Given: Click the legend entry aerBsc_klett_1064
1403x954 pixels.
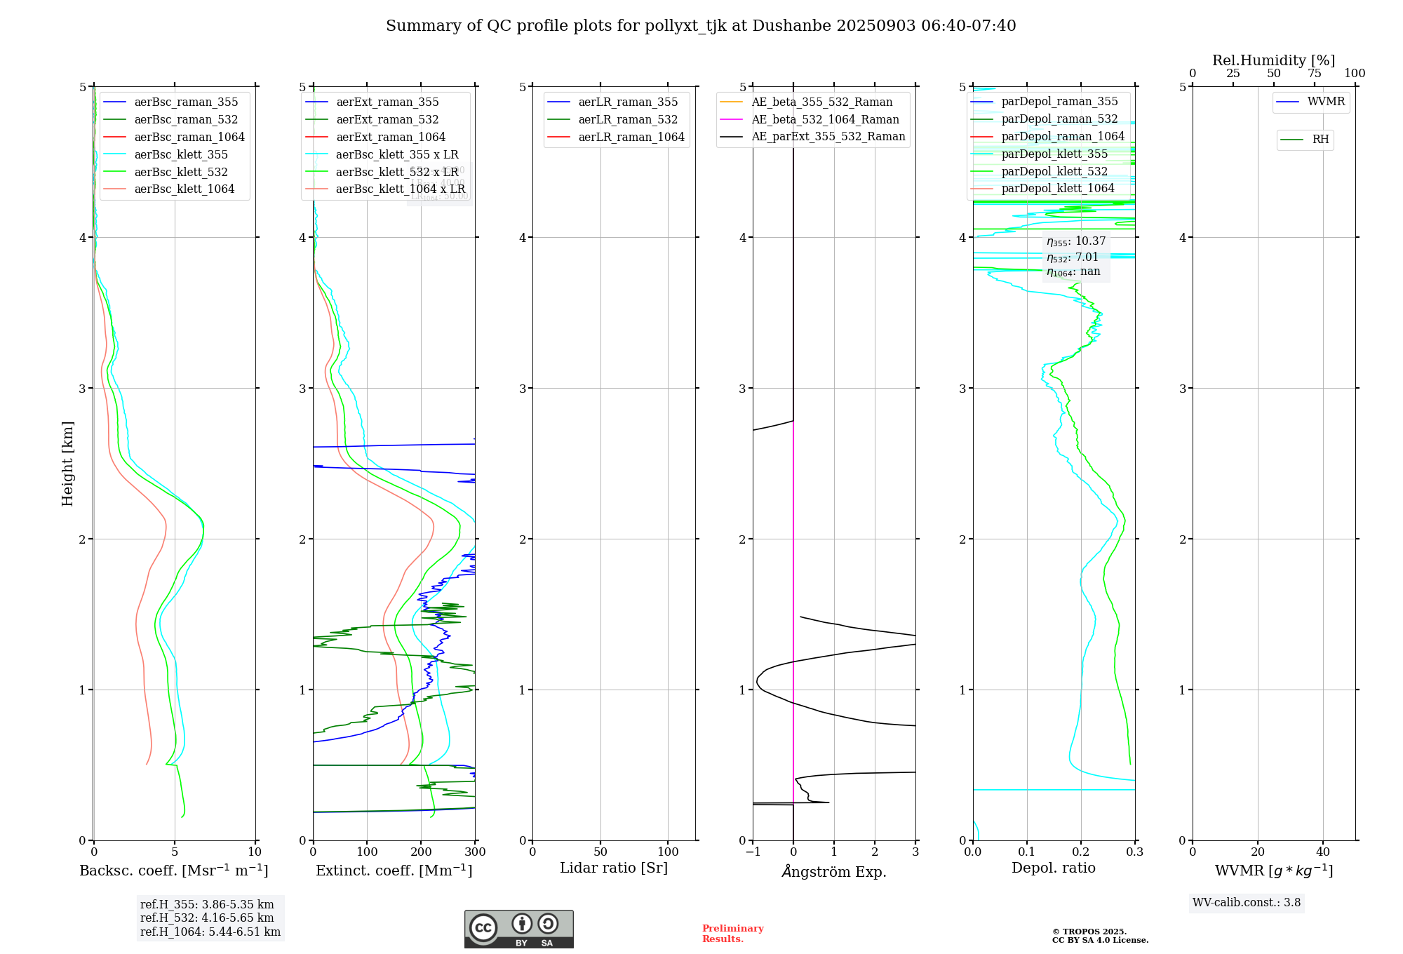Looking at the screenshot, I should [184, 189].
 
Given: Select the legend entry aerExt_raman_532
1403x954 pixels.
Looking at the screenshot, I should [387, 120].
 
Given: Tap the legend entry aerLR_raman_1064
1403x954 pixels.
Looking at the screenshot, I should [631, 137].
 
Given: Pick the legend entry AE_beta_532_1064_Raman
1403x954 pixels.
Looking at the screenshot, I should [825, 120].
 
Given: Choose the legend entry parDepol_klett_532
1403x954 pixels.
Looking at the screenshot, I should [1054, 172].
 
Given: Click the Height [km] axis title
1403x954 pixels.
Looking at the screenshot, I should [67, 464].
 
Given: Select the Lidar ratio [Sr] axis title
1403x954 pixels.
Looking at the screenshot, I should [614, 868].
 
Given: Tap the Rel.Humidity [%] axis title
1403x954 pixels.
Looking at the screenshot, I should [1273, 60].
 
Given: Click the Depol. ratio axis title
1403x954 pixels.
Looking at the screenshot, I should [1053, 868].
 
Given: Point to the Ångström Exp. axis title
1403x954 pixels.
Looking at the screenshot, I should [834, 872].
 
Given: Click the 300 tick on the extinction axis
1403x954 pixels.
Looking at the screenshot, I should [476, 852].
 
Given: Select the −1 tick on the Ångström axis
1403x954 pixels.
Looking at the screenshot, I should [752, 852].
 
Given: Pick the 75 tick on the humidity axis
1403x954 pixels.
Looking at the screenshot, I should [1314, 74].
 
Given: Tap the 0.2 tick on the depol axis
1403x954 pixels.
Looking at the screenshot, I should [1081, 852].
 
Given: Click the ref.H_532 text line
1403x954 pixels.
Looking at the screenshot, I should [207, 918].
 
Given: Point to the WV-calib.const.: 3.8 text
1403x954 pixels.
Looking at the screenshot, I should [1246, 903].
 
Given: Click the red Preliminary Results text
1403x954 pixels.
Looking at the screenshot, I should [732, 934].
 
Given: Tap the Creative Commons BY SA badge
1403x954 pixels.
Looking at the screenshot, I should [518, 929].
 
